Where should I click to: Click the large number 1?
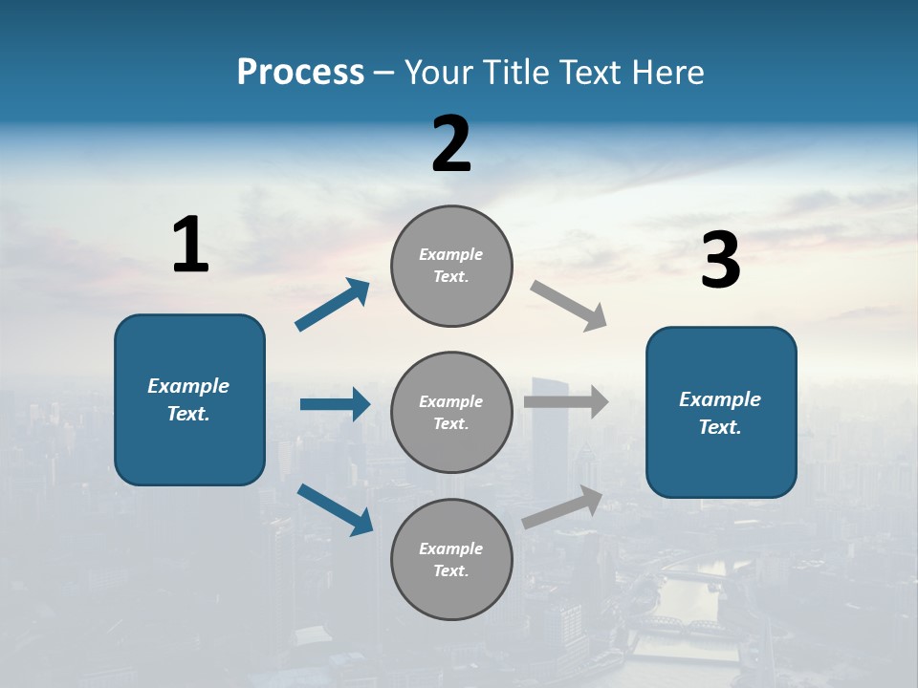click(x=190, y=246)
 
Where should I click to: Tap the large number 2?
click(x=451, y=144)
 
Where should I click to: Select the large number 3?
click(x=721, y=262)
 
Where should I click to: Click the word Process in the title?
click(x=300, y=72)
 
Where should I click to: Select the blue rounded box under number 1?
click(x=189, y=399)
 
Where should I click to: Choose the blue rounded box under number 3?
click(x=721, y=412)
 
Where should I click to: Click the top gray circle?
click(x=451, y=266)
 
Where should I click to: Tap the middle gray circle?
click(x=451, y=412)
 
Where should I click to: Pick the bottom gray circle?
click(x=451, y=559)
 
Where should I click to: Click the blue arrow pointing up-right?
click(x=333, y=305)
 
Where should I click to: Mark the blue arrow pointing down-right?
click(x=335, y=509)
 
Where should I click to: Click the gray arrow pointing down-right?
click(x=569, y=305)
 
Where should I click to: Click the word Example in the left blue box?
click(x=188, y=386)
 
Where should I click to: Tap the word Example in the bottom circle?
click(x=450, y=548)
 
